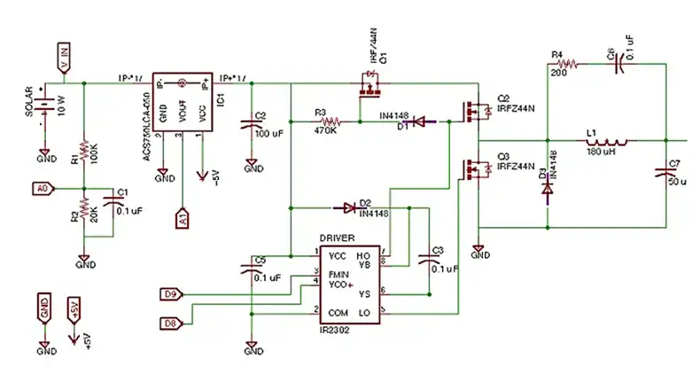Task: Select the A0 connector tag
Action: click(x=41, y=189)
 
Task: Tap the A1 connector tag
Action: click(x=183, y=216)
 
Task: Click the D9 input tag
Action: click(x=172, y=293)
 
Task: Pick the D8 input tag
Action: click(x=172, y=323)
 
